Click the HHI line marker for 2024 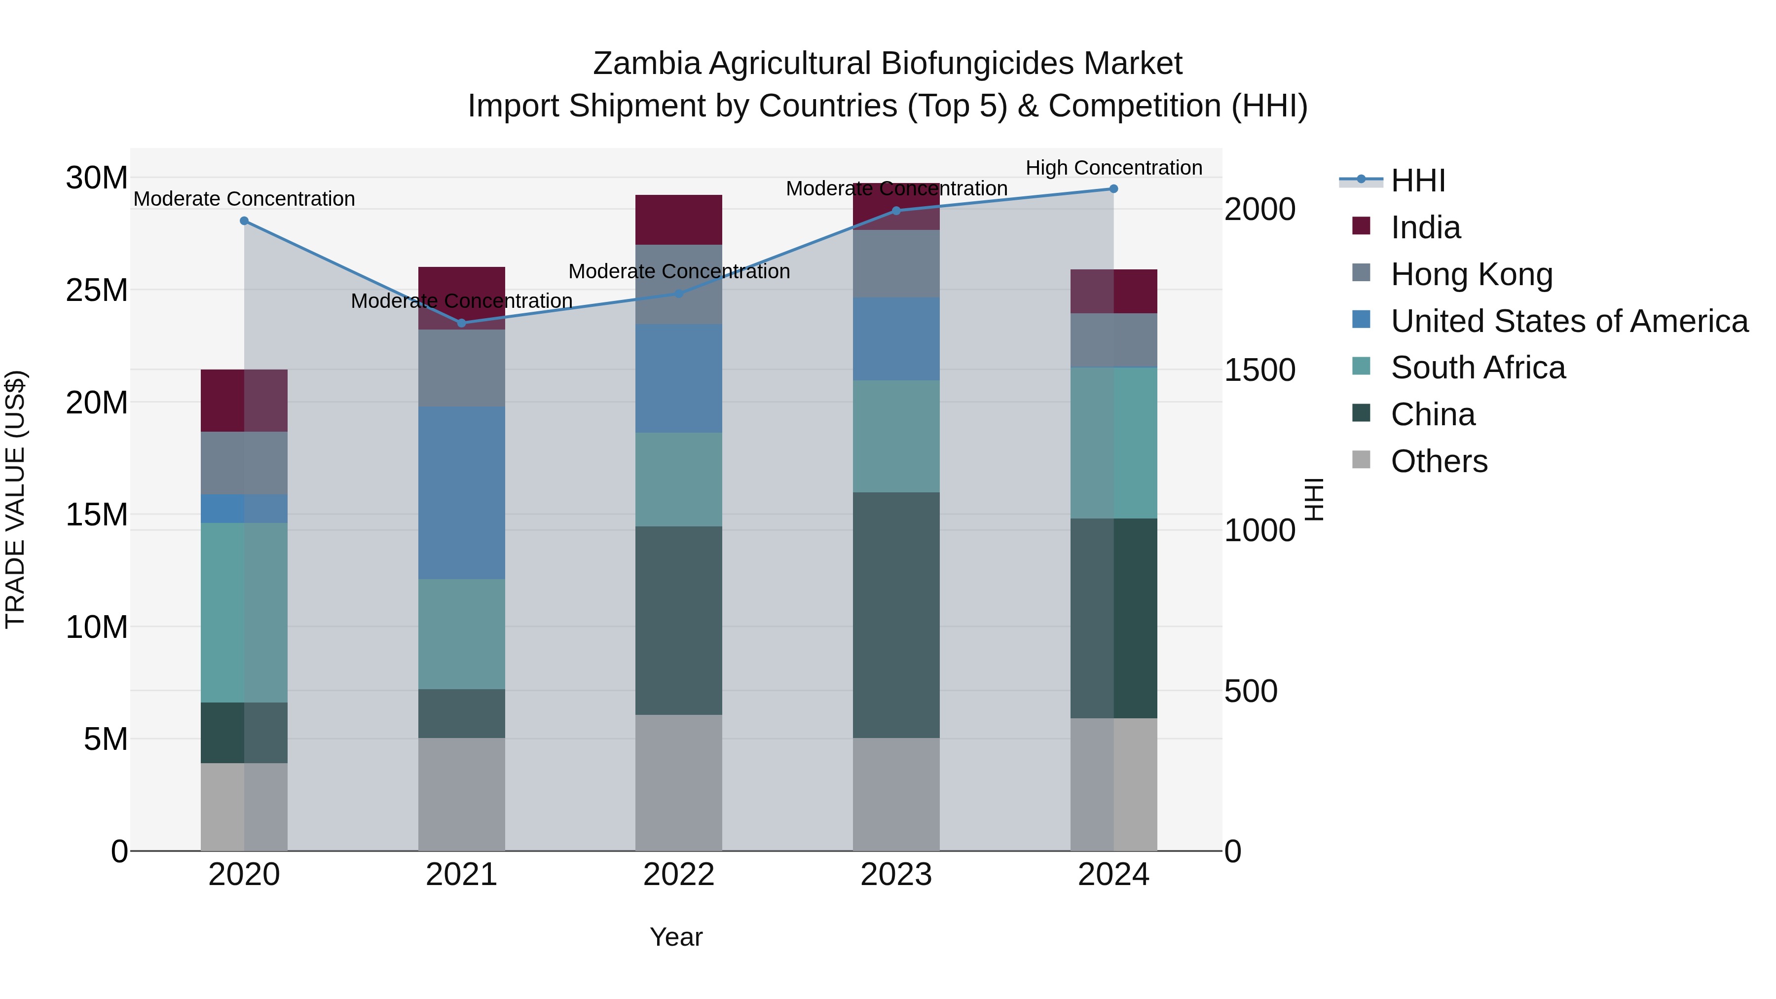point(1113,189)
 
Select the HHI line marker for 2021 point(462,323)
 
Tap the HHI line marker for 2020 point(244,221)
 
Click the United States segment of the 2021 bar point(462,492)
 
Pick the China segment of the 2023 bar point(896,615)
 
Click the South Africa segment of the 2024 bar point(1113,443)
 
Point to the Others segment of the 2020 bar point(244,807)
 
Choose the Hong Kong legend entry point(1471,274)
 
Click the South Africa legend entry point(1478,368)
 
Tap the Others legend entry point(1439,461)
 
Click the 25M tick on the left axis point(97,290)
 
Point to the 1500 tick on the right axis point(1259,370)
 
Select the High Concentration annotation point(1113,168)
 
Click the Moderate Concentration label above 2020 point(244,198)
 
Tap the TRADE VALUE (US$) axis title point(16,499)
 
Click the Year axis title point(676,937)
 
